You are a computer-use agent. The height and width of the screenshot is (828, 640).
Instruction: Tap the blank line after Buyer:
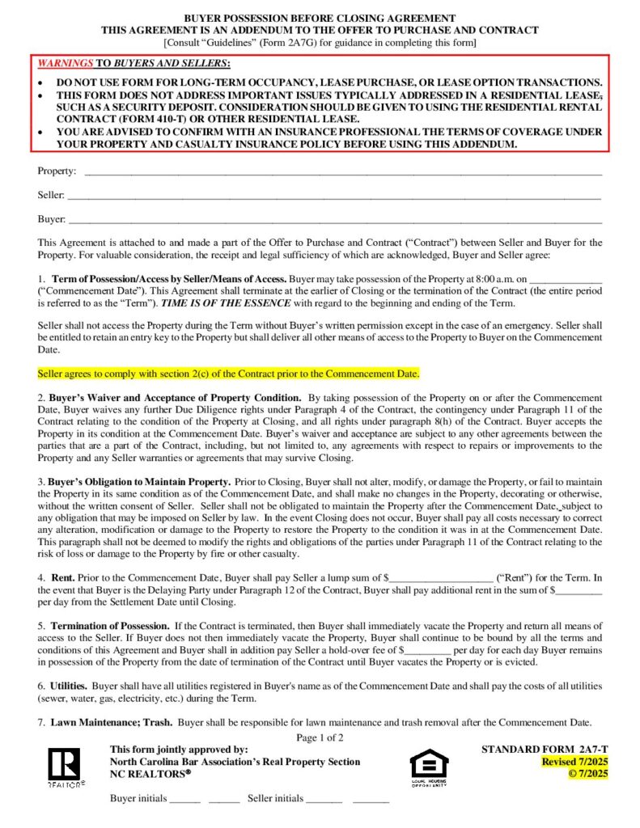click(335, 221)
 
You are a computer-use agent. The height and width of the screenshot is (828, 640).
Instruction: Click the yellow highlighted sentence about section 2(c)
click(229, 374)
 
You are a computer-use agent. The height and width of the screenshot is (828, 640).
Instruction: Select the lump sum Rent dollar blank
click(441, 578)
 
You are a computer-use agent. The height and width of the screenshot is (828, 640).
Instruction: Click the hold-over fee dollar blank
click(426, 649)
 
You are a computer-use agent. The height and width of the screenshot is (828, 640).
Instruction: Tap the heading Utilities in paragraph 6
click(69, 686)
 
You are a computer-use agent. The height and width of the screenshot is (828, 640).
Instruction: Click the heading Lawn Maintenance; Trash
click(111, 721)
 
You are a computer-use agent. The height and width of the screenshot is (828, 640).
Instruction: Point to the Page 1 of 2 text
click(320, 737)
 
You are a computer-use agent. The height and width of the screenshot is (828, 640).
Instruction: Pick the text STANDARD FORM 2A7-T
click(545, 750)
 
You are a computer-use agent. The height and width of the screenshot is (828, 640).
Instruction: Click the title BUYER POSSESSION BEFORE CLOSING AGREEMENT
click(320, 18)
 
